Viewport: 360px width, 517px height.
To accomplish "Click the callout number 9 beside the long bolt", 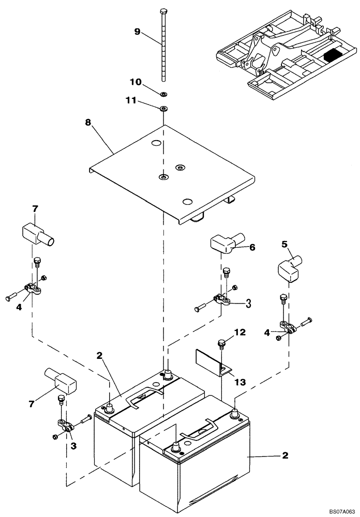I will pyautogui.click(x=137, y=32).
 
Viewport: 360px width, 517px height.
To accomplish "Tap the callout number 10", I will pyautogui.click(x=135, y=82).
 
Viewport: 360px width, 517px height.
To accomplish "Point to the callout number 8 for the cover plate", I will pyautogui.click(x=87, y=123).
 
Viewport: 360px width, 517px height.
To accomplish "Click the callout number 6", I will pyautogui.click(x=252, y=248).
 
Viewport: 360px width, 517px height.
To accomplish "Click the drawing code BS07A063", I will pyautogui.click(x=338, y=510).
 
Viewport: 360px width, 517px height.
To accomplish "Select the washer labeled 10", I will pyautogui.click(x=163, y=94).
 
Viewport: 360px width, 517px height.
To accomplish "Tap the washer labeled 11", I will pyautogui.click(x=163, y=109).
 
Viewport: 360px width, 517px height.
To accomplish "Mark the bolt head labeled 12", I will pyautogui.click(x=221, y=342).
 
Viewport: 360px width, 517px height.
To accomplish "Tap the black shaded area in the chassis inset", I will pyautogui.click(x=332, y=52).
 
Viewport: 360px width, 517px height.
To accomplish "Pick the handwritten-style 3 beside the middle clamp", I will pyautogui.click(x=248, y=303).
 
